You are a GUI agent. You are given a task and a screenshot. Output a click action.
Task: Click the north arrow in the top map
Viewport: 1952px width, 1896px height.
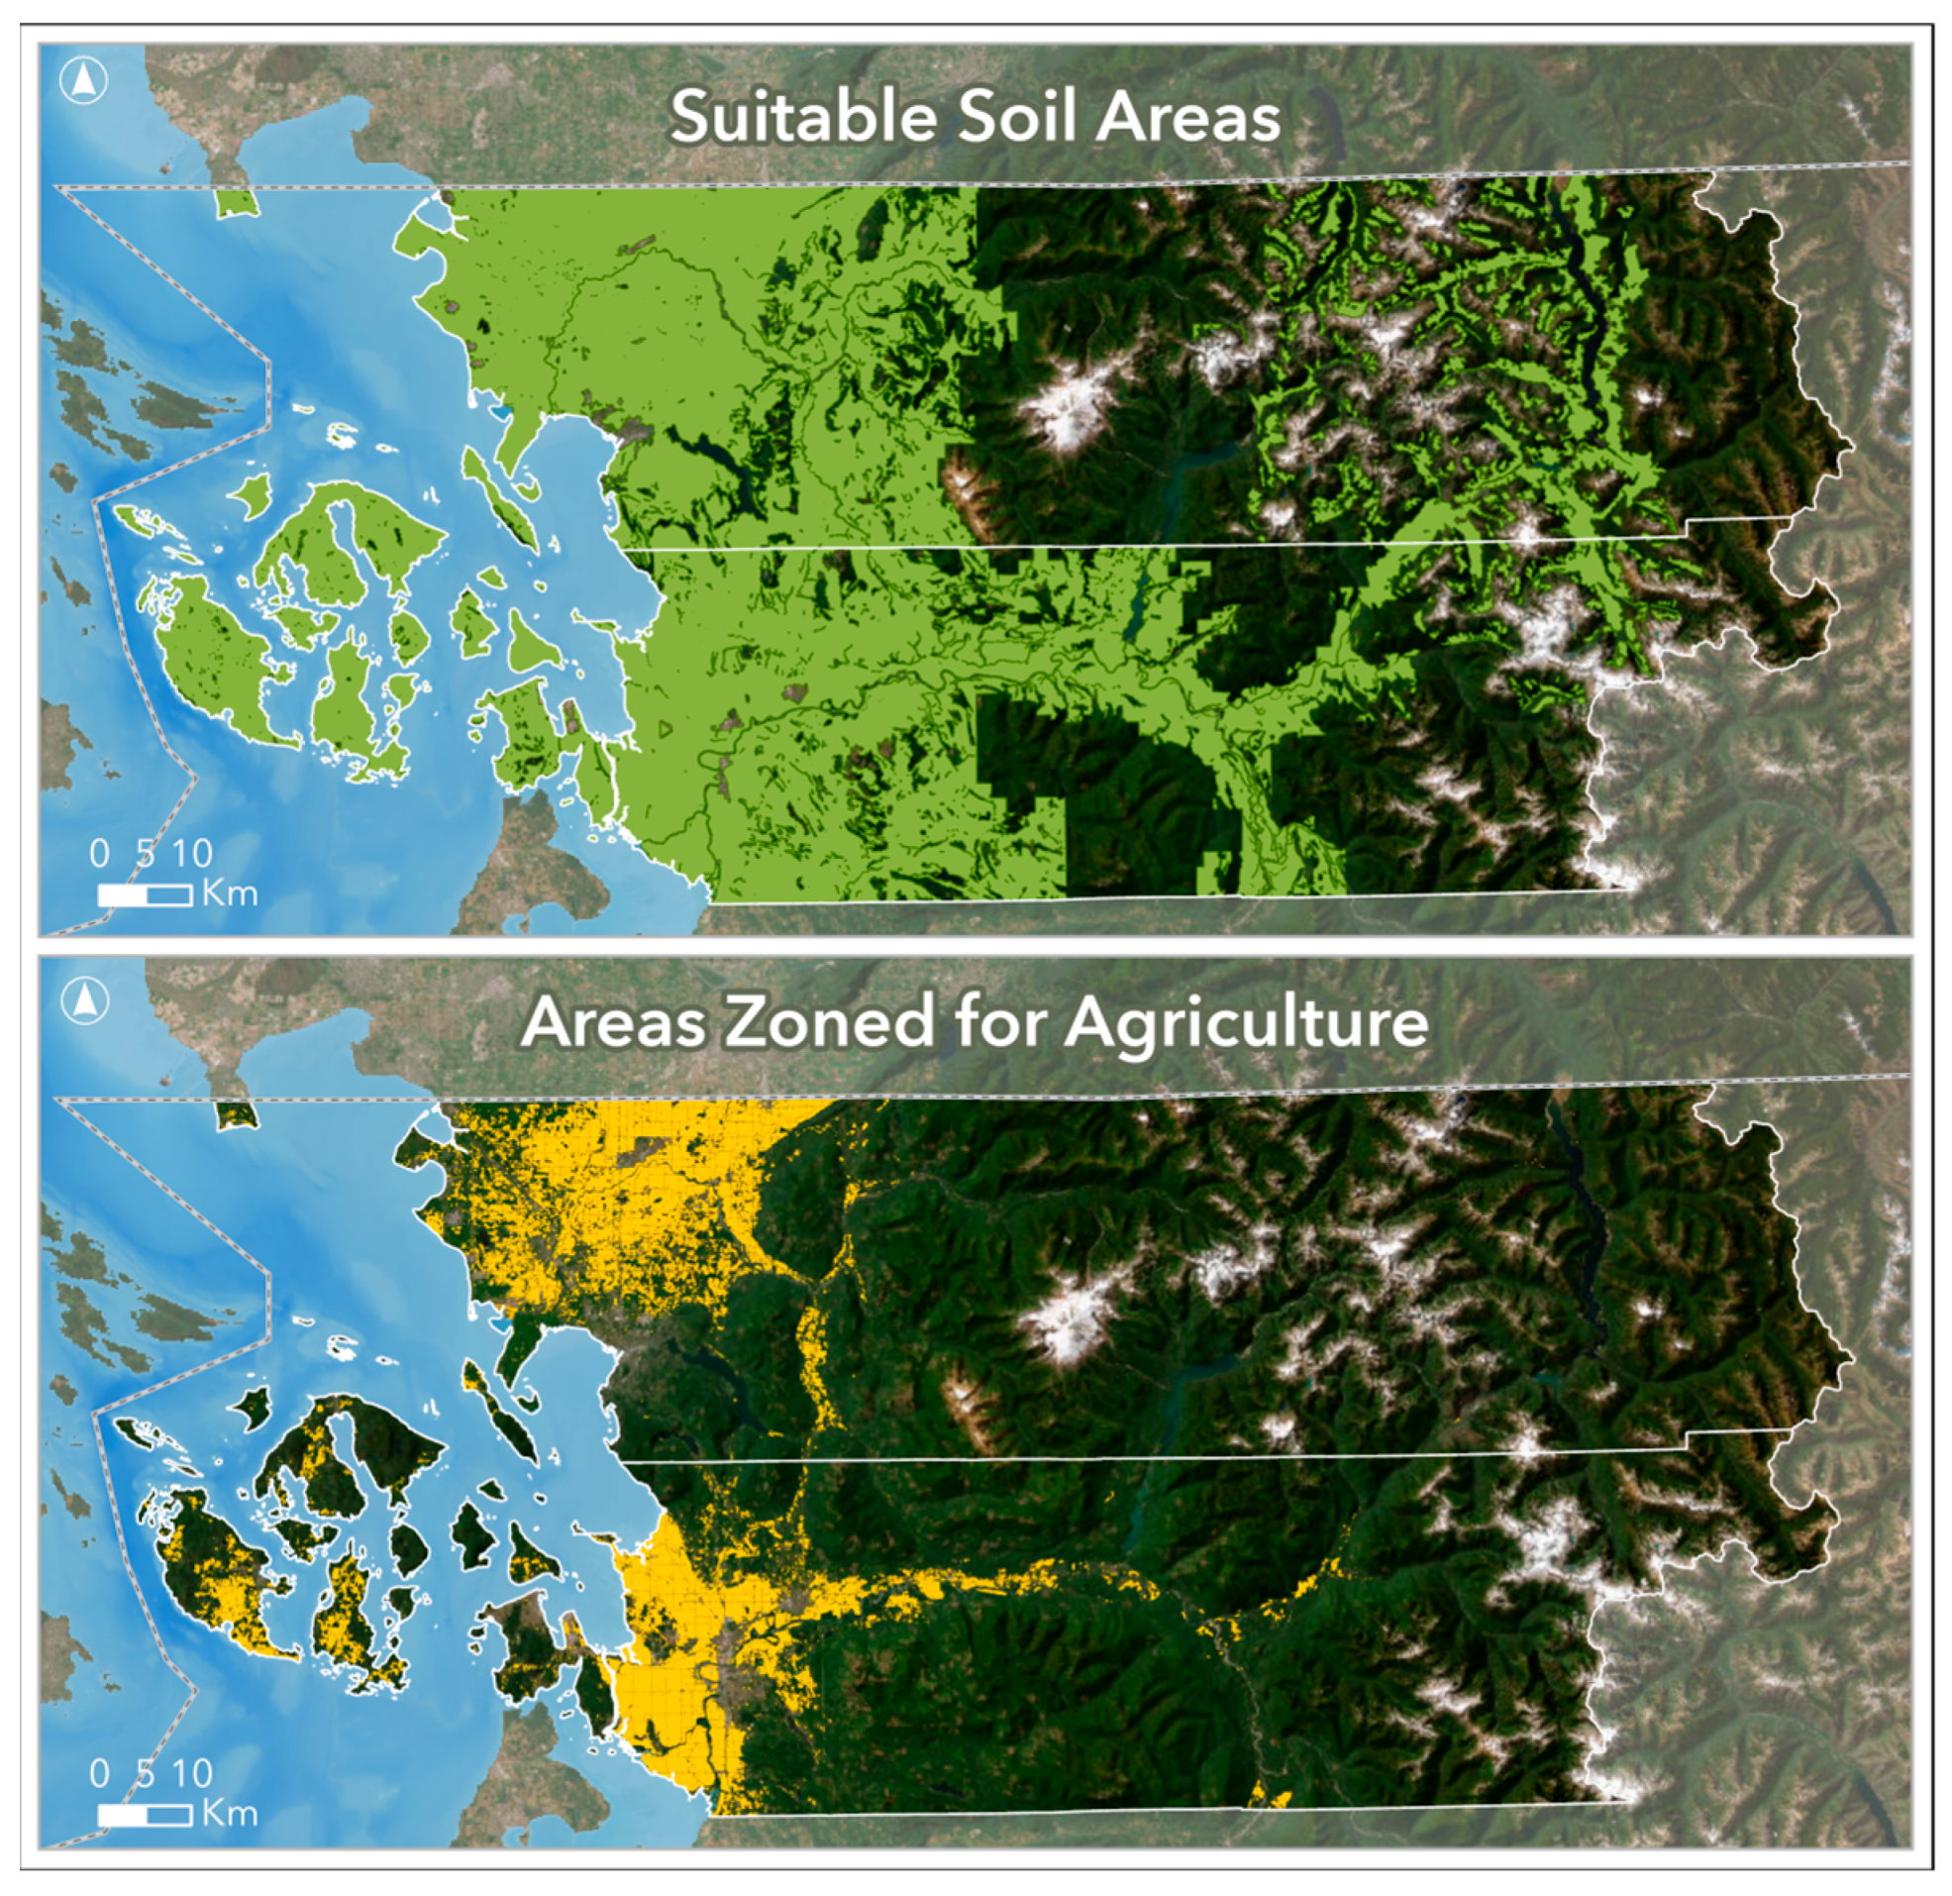click(x=83, y=80)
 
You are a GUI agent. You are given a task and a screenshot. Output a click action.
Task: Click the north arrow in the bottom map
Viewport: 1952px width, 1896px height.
click(x=83, y=1002)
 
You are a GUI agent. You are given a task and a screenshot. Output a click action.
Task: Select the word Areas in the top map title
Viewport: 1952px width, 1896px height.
click(x=1188, y=118)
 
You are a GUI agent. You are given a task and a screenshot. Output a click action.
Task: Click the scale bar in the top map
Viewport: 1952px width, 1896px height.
click(x=145, y=895)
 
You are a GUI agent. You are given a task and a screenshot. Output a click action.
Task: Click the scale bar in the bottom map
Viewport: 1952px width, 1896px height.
click(x=145, y=1815)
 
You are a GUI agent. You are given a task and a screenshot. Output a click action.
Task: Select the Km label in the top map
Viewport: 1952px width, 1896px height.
click(x=230, y=893)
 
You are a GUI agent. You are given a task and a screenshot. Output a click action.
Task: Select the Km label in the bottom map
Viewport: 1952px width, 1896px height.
click(x=230, y=1813)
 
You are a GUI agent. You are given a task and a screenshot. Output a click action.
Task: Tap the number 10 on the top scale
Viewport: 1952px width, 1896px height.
click(x=192, y=854)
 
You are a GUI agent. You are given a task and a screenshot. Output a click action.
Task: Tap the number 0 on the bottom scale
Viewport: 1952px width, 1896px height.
click(x=100, y=1773)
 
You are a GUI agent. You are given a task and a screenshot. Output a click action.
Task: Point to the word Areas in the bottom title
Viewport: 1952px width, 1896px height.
click(x=612, y=1022)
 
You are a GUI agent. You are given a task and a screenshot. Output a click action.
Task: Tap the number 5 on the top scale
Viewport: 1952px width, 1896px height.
click(x=147, y=854)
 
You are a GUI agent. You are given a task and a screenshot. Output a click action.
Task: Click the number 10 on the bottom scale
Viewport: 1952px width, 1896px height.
click(x=192, y=1773)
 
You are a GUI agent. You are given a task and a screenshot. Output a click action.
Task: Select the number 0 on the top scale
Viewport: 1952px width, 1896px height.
click(x=100, y=854)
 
